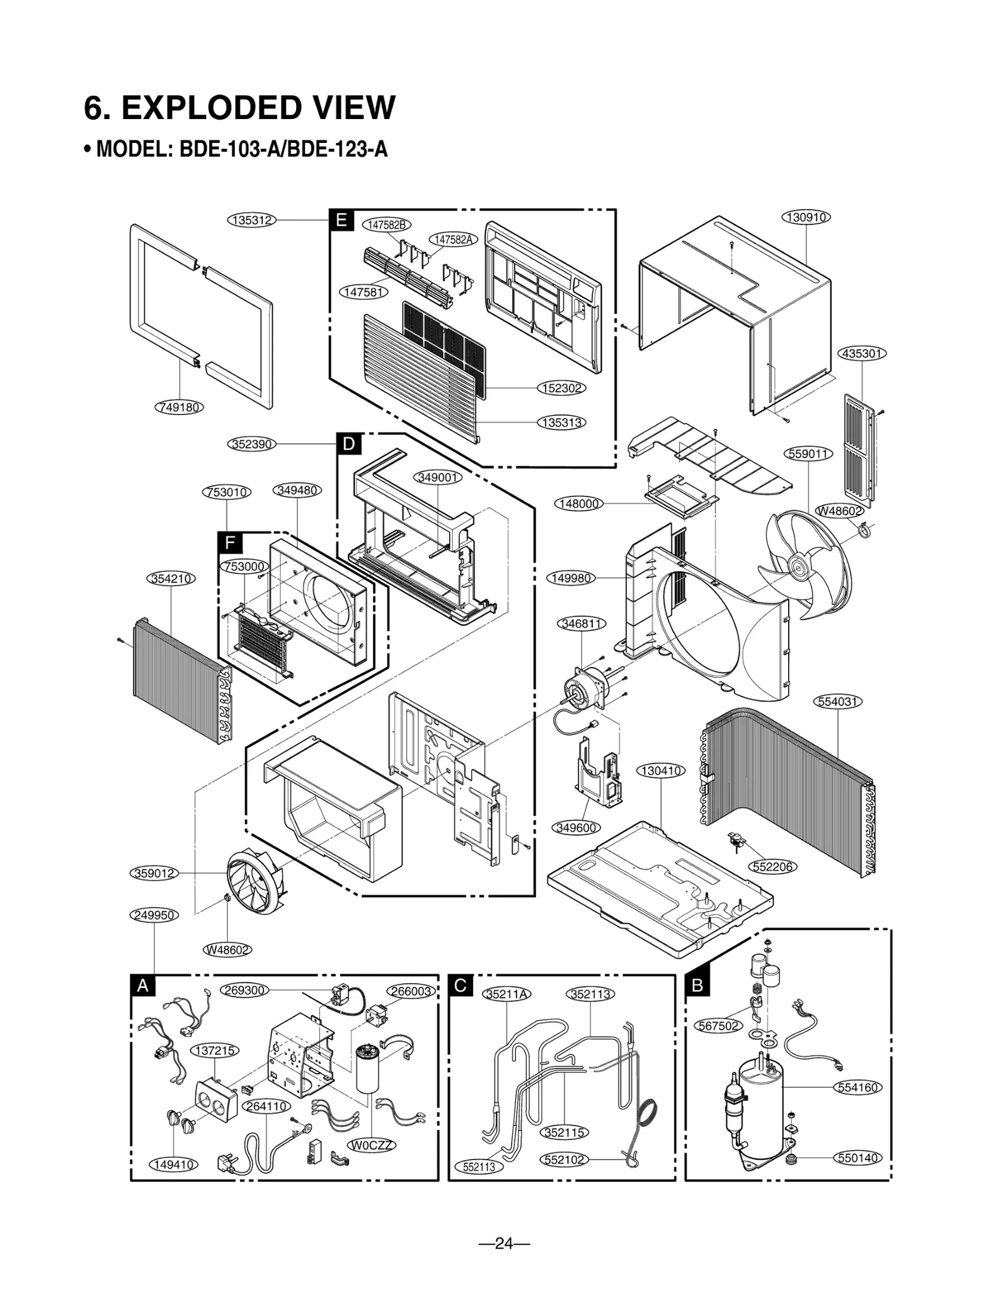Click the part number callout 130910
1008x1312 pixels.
tap(806, 217)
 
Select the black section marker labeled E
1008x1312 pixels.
tap(341, 220)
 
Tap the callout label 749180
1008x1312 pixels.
tap(180, 407)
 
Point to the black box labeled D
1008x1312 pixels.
tap(348, 444)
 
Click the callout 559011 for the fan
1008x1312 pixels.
tap(809, 453)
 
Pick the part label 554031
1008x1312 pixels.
tap(838, 701)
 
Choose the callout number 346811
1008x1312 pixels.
tap(582, 624)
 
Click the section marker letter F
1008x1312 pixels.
tap(230, 543)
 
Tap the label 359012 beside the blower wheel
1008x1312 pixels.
tap(155, 873)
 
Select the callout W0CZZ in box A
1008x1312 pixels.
tap(372, 1145)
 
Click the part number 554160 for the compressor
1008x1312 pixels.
tap(858, 1087)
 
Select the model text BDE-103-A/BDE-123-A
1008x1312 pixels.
tap(283, 150)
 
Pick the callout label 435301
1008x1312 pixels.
tap(862, 353)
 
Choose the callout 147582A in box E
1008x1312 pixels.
tap(454, 239)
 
